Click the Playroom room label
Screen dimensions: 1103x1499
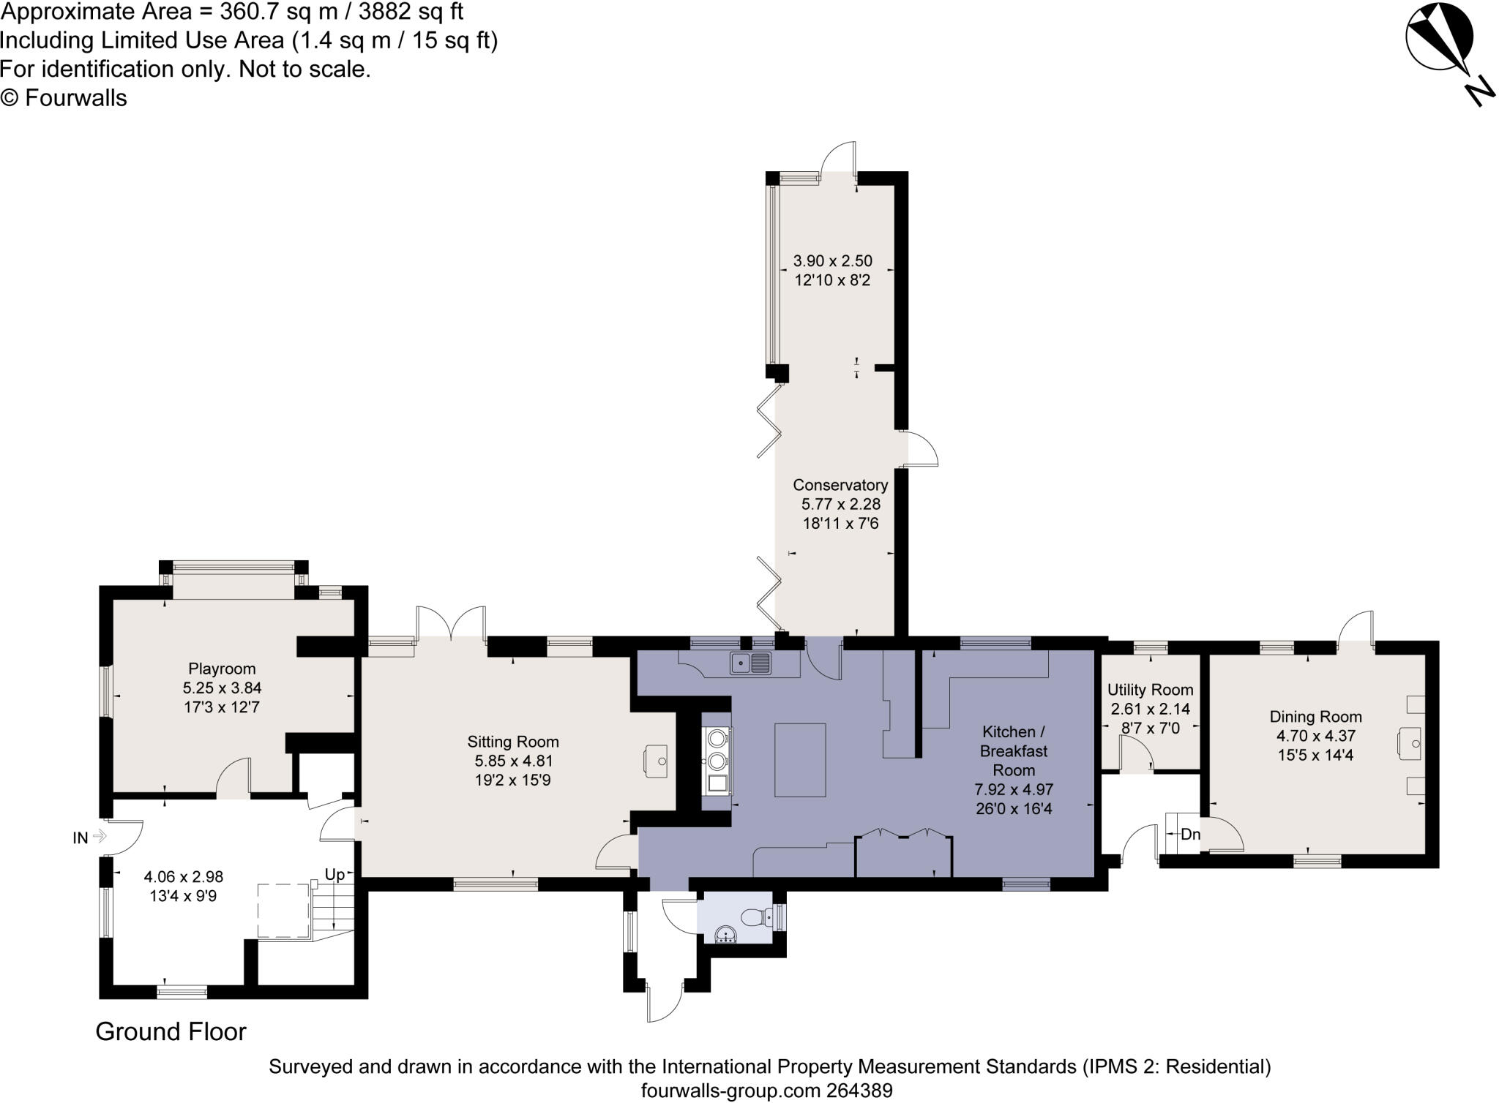pos(222,669)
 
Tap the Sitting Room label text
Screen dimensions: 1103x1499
pos(512,742)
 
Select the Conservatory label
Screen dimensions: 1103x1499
pos(840,485)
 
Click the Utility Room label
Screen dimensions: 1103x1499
pos(1150,690)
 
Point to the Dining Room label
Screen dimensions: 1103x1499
pos(1315,717)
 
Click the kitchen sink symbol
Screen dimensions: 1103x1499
pos(750,663)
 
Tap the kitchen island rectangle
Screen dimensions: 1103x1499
pos(800,760)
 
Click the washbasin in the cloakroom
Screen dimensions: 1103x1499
pos(725,935)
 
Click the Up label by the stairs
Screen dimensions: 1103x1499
pos(334,875)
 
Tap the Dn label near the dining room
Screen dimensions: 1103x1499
pos(1190,834)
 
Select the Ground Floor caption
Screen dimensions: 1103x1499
pos(171,1032)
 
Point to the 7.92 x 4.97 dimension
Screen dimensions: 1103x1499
pos(1014,790)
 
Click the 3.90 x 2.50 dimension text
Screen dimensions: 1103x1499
pos(832,260)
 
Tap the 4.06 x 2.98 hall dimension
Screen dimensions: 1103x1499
pos(183,876)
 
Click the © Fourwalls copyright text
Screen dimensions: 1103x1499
pos(64,98)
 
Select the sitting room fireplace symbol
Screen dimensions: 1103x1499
pos(655,759)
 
